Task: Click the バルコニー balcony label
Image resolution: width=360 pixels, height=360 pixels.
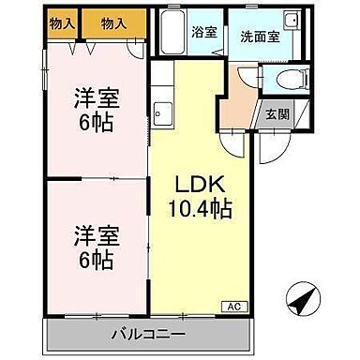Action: (x=149, y=333)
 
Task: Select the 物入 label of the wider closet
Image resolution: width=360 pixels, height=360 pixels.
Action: (x=113, y=22)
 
